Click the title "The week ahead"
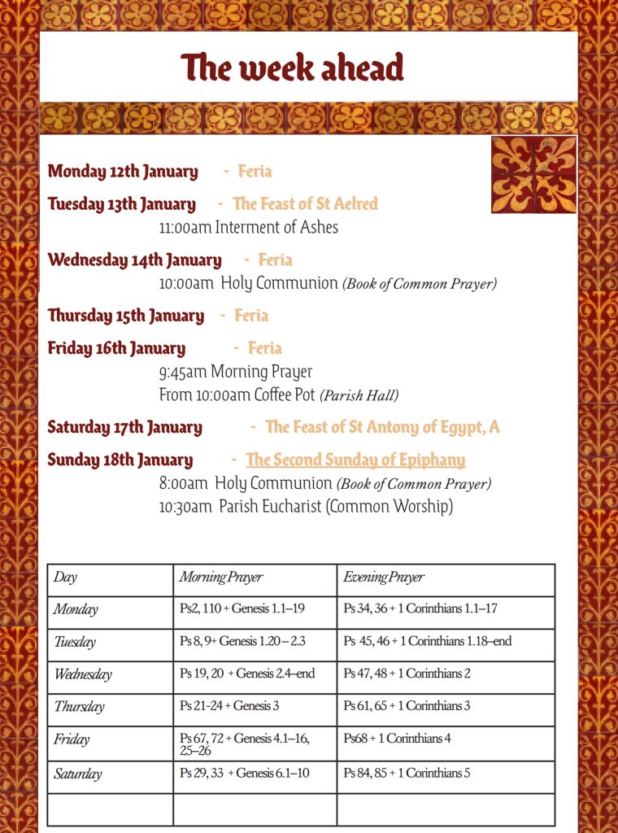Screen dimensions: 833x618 click(292, 68)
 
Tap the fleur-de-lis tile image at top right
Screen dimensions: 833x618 click(533, 174)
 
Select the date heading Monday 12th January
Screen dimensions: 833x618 click(123, 172)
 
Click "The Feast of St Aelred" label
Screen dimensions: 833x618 click(305, 204)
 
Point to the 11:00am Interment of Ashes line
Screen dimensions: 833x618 click(248, 227)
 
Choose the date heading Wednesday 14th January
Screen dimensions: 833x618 click(134, 260)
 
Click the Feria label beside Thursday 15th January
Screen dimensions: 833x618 click(251, 316)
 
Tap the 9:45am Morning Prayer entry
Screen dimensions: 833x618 click(235, 372)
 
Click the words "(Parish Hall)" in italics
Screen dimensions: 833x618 click(359, 396)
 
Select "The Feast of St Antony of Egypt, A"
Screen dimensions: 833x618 click(382, 427)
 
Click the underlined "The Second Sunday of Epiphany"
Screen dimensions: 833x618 click(355, 460)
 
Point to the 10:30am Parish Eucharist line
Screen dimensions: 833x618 click(306, 507)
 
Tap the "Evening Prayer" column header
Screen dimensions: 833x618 click(383, 578)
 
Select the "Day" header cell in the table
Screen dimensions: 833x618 click(66, 578)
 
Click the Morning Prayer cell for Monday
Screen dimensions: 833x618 click(242, 609)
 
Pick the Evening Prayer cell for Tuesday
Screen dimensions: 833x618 click(427, 641)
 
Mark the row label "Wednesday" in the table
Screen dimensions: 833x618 click(83, 674)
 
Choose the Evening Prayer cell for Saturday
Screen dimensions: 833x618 click(407, 773)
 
